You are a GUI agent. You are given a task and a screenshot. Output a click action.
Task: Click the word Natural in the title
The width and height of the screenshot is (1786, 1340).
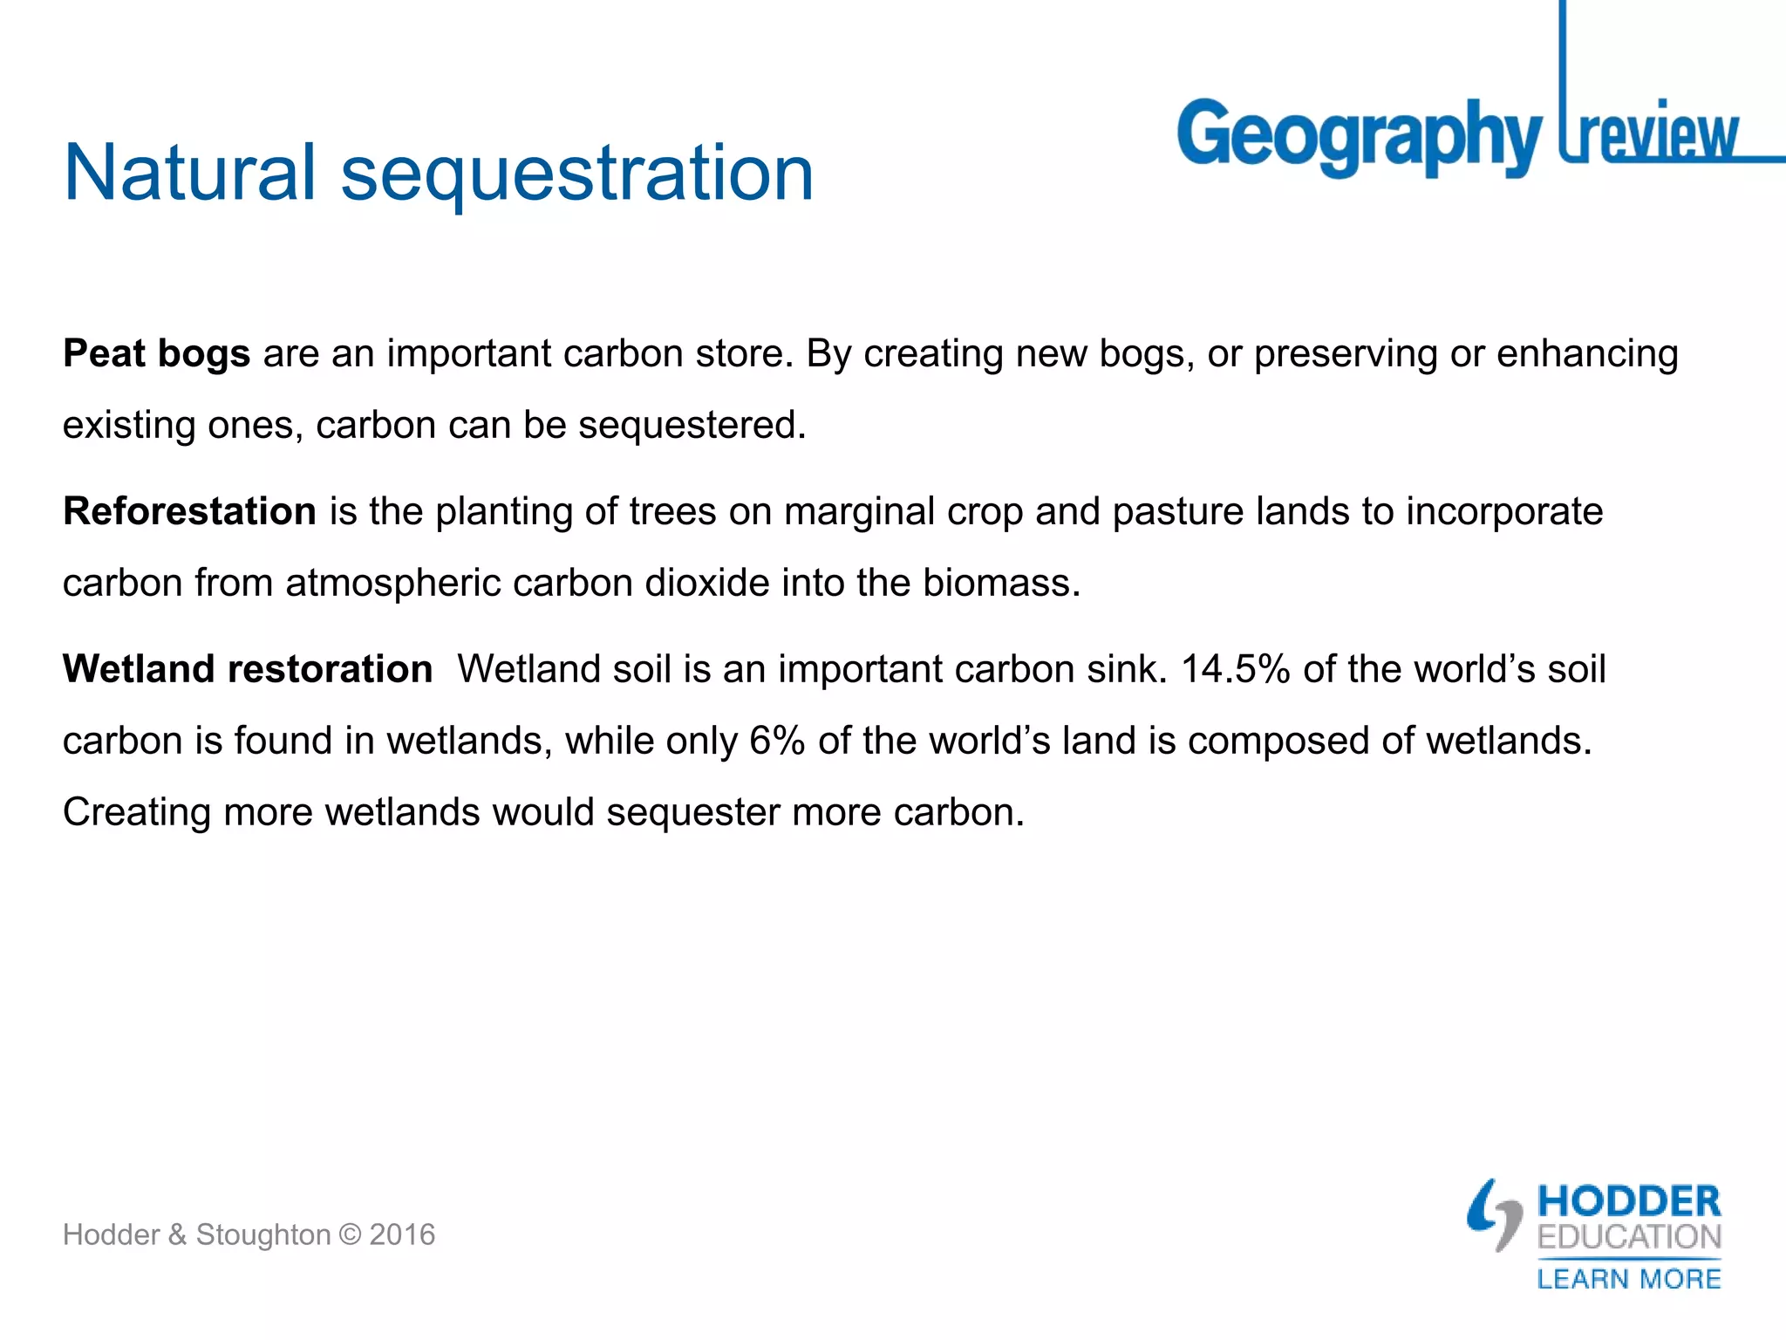click(189, 173)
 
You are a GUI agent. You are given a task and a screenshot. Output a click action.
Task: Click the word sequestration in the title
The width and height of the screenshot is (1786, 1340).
click(577, 174)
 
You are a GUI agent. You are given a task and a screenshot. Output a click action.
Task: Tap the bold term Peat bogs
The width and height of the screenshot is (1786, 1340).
click(157, 354)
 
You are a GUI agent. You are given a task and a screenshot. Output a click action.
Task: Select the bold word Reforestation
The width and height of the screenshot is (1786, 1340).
click(189, 511)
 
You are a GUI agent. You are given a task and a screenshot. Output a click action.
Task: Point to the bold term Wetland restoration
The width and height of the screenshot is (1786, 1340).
click(248, 669)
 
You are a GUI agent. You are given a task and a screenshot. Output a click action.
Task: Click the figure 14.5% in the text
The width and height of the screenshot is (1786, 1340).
click(1235, 669)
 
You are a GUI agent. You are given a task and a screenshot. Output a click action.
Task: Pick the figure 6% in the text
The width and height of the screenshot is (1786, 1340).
click(777, 741)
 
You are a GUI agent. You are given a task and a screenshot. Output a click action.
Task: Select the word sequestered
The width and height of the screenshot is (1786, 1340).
click(692, 425)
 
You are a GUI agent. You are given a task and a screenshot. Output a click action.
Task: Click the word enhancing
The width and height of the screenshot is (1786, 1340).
click(1587, 354)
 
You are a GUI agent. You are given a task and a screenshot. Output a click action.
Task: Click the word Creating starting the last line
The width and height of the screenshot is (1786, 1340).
click(137, 812)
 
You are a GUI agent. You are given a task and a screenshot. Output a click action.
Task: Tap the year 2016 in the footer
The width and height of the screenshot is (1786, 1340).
click(402, 1234)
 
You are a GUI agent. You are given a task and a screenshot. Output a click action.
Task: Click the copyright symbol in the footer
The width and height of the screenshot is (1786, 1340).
click(350, 1234)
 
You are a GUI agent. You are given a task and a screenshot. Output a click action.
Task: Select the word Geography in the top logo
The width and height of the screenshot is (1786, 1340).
click(1359, 136)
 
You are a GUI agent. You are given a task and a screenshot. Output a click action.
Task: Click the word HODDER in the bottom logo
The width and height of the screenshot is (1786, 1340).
click(1629, 1201)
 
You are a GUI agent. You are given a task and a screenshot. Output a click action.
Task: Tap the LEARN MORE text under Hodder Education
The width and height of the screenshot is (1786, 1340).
click(1629, 1279)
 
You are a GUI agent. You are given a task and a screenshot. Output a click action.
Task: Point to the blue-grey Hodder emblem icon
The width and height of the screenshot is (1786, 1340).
click(1495, 1214)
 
